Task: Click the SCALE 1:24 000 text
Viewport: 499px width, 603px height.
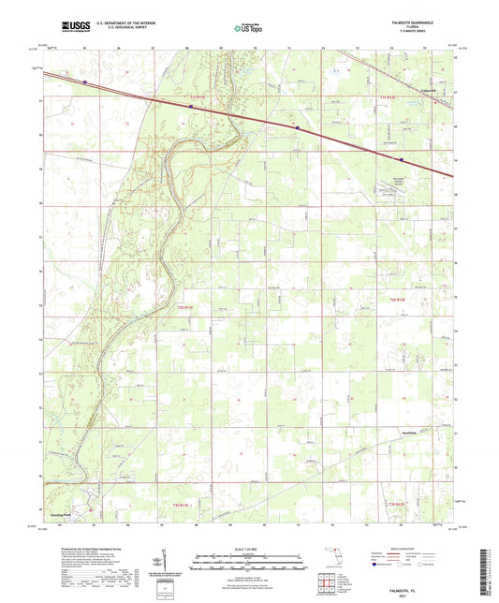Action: pyautogui.click(x=248, y=548)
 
